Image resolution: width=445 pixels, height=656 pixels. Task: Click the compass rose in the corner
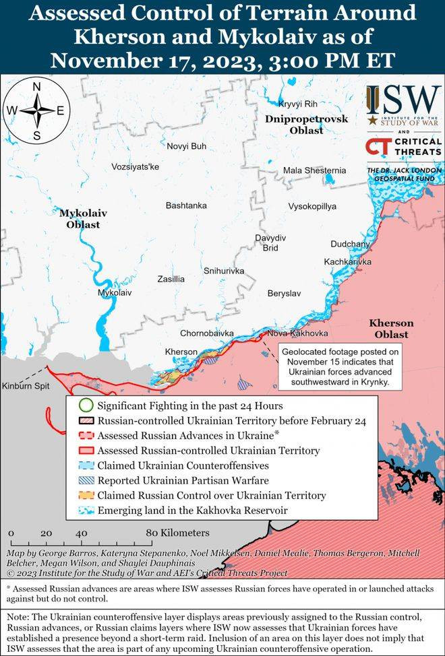[x=36, y=110]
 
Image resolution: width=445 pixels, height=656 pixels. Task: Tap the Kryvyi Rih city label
[x=297, y=104]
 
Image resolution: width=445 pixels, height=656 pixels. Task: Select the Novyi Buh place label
[x=187, y=145]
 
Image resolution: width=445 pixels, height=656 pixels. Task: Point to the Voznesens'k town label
[x=135, y=166]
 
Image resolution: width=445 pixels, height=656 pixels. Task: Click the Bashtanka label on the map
[x=186, y=205]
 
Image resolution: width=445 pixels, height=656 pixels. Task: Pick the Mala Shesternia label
[x=314, y=170]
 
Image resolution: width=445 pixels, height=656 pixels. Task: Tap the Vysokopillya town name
[x=312, y=206]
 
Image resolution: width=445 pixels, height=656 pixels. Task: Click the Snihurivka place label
[x=224, y=271]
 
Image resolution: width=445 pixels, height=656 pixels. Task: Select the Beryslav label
[x=284, y=294]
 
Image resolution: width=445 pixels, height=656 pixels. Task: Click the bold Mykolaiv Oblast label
[x=83, y=218]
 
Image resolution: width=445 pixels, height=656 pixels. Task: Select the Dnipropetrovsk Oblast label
[x=307, y=125]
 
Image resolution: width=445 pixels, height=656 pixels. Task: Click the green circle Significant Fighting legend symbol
[x=84, y=406]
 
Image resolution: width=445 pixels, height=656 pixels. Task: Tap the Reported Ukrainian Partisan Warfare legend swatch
[x=84, y=480]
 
